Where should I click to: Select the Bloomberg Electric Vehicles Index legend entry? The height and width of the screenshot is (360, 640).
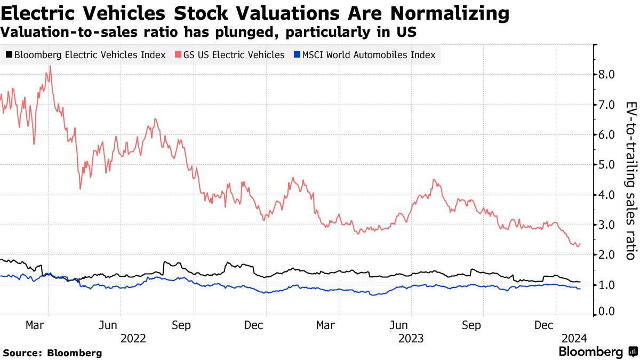[85, 55]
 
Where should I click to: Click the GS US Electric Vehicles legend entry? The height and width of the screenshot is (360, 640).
[230, 55]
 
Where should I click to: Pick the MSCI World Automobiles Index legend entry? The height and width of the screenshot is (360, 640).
[364, 55]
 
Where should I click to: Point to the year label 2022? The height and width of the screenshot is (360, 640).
[134, 338]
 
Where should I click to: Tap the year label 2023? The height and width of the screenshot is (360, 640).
[411, 338]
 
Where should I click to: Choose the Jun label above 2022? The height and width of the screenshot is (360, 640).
[108, 325]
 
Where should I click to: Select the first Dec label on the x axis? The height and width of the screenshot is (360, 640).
[254, 325]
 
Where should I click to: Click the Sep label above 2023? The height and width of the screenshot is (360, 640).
[471, 325]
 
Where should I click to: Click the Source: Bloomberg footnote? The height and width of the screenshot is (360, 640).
[52, 353]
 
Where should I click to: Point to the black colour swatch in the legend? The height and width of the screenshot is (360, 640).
[9, 55]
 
